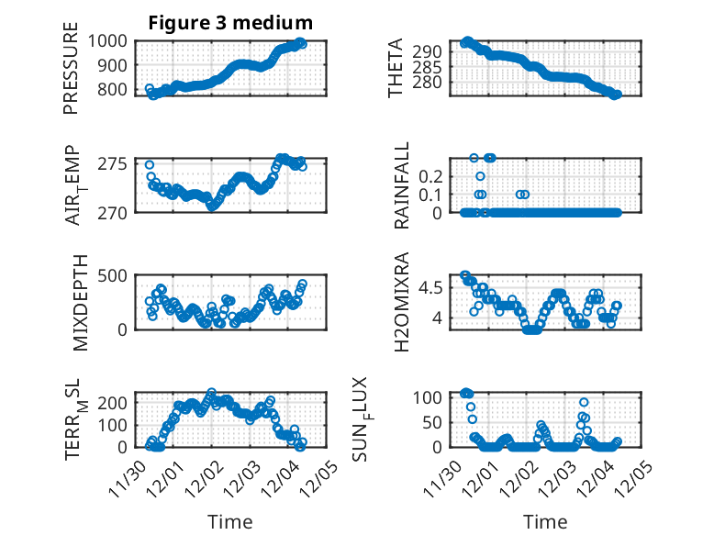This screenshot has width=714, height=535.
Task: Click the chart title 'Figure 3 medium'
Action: [x=230, y=22]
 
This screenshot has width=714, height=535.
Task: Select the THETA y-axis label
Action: [x=396, y=69]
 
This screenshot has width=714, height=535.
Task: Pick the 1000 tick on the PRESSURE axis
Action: [x=113, y=40]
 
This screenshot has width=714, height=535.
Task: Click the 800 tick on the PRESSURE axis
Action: [x=117, y=90]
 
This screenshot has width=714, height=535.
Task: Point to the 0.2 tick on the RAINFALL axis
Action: [x=436, y=175]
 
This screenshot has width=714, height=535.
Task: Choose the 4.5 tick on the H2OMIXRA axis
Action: [x=436, y=287]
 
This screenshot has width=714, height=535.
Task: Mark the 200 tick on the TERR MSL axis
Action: [x=117, y=402]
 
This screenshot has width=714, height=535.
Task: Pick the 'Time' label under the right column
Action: [x=545, y=521]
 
